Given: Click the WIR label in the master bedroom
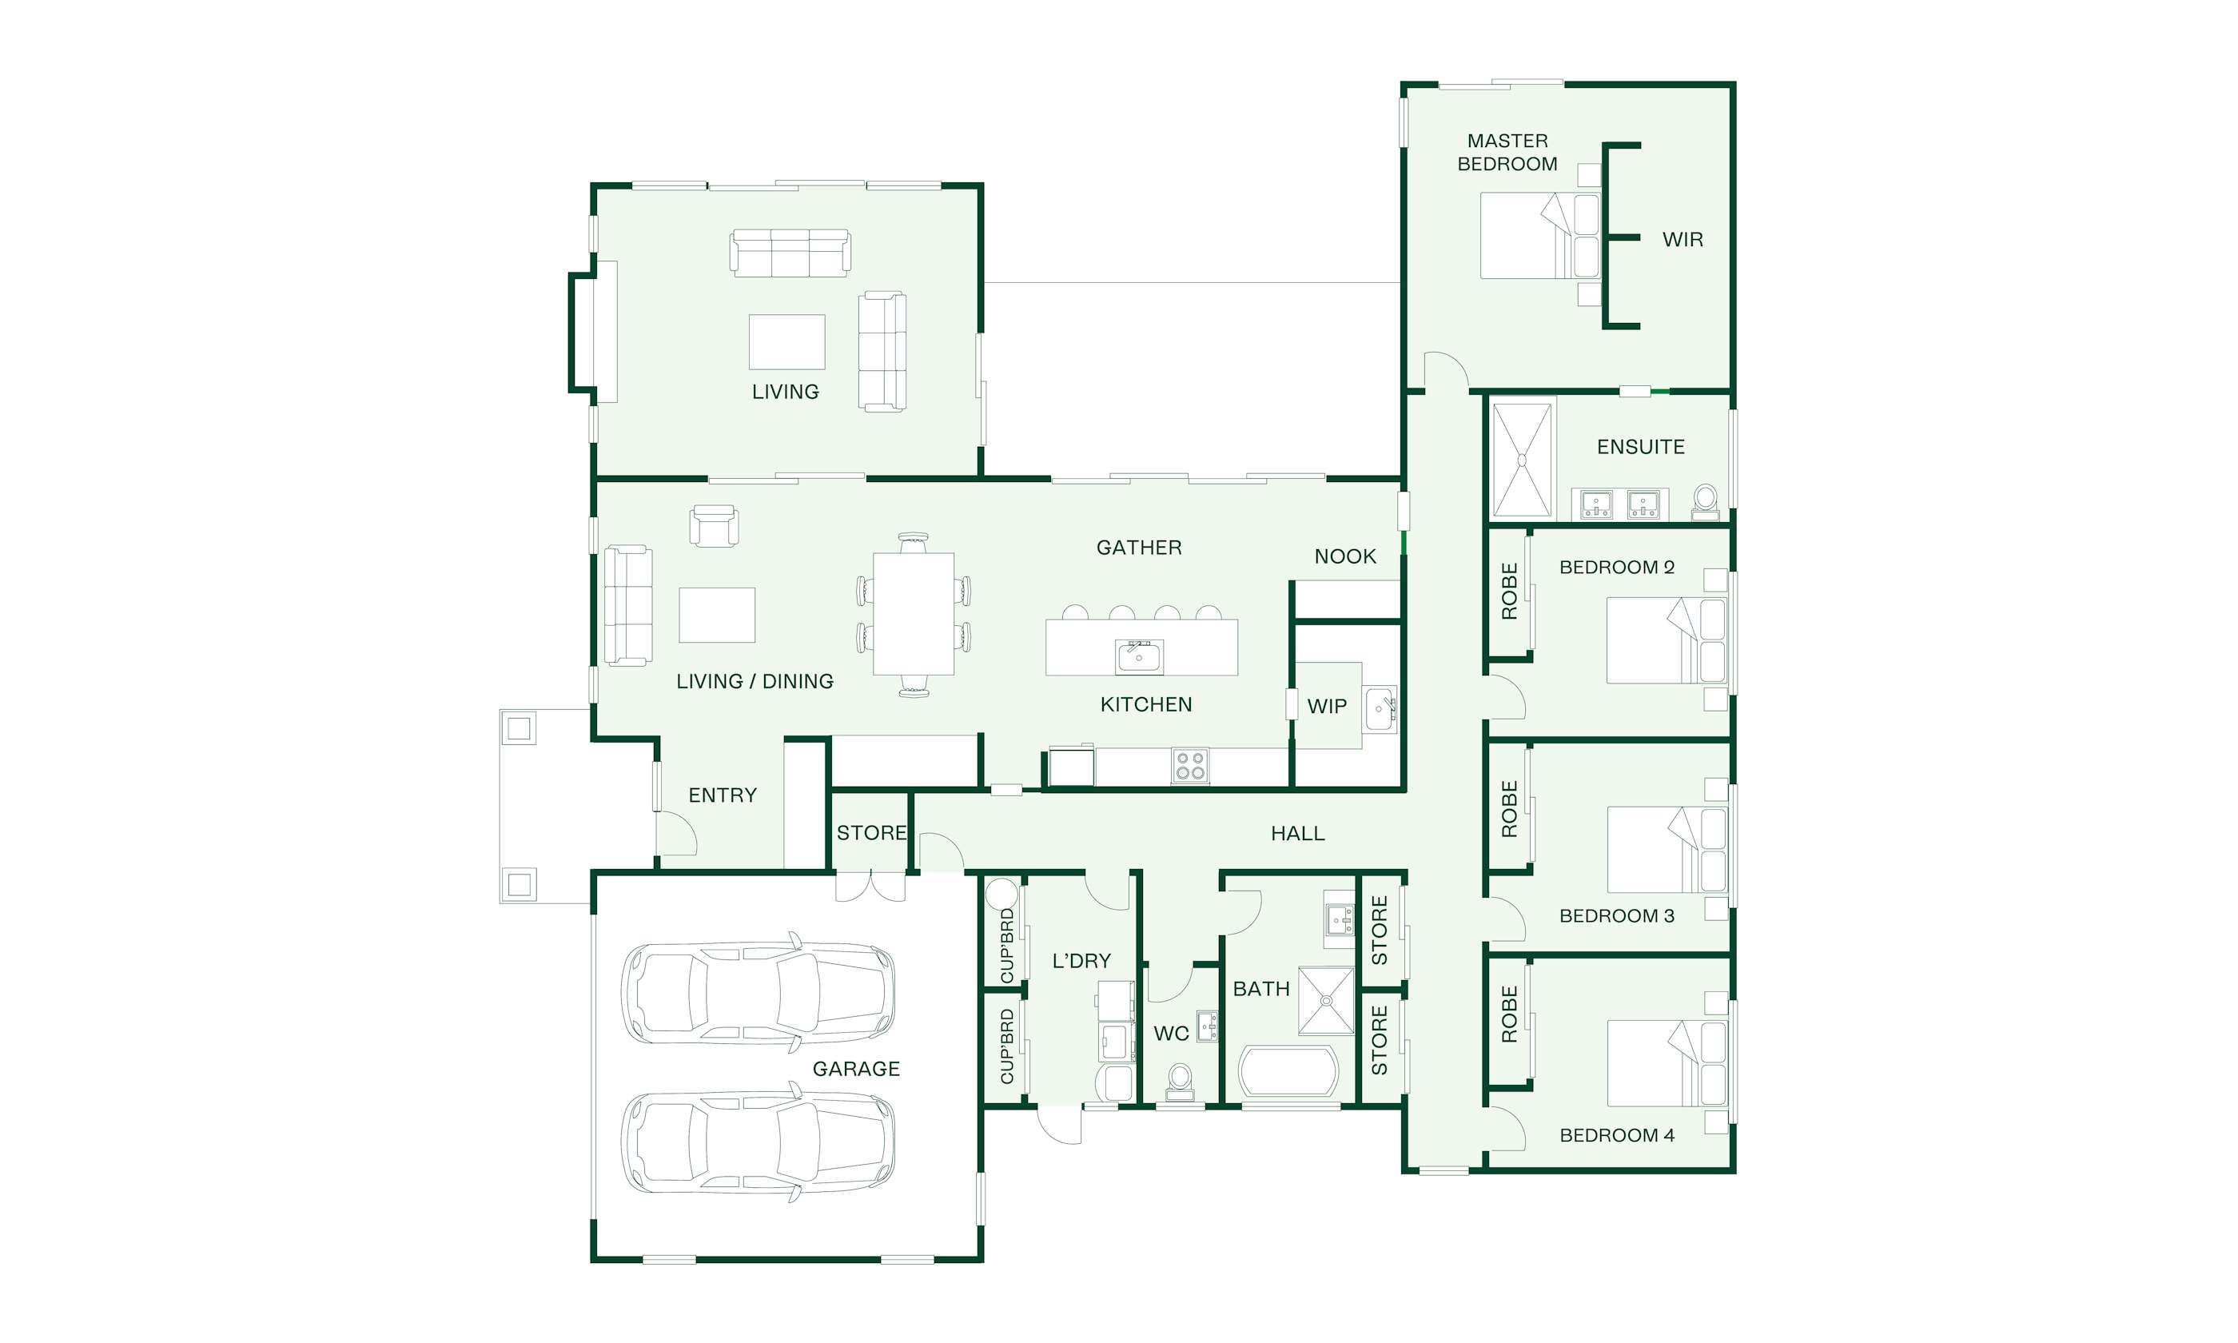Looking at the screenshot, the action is point(1682,240).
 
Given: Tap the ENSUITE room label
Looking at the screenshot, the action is point(1640,447).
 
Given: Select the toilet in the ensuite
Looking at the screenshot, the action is point(1705,502).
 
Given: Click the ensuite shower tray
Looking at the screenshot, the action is point(1522,460).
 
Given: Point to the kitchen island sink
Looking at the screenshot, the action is point(1139,656).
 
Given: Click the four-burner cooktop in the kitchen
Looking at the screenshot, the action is point(1189,766).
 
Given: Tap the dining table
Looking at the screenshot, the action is point(914,614).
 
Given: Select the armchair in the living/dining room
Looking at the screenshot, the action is point(714,526).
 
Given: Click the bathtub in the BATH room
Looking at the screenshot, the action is point(1288,1073).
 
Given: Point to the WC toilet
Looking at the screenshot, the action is point(1180,1082).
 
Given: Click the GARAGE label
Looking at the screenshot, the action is point(856,1069).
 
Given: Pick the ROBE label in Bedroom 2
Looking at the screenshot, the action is point(1509,591).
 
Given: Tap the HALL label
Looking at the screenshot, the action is point(1297,834).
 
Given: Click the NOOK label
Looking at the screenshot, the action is point(1345,556).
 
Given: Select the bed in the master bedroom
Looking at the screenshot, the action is point(1539,235).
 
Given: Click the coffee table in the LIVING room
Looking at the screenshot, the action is point(787,341).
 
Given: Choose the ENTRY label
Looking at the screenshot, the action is point(722,795).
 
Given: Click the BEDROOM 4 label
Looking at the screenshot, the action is point(1616,1135).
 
